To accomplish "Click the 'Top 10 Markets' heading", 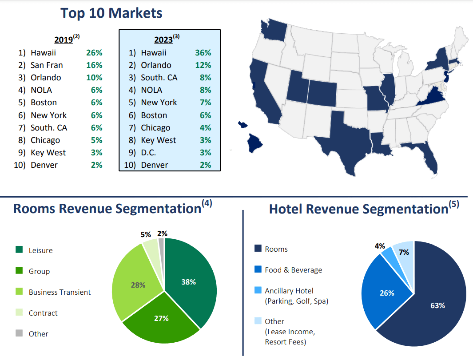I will click(111, 13).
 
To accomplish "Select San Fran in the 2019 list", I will click(47, 65).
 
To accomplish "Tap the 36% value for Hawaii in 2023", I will click(203, 53).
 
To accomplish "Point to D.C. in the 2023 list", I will click(149, 153).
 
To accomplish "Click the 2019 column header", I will click(64, 40).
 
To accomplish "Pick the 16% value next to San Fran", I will click(94, 65).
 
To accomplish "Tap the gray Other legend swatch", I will click(19, 333).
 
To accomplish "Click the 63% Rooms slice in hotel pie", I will click(433, 306).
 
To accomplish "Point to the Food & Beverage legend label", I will click(293, 270).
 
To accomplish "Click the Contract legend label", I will click(43, 313).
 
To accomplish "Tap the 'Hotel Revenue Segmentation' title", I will click(358, 209).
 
